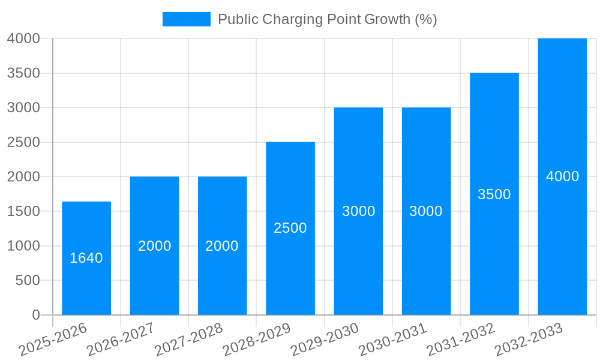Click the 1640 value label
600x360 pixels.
coord(86,258)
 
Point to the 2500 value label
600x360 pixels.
coord(290,228)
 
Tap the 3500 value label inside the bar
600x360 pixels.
coord(494,194)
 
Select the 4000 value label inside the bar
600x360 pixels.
coord(562,176)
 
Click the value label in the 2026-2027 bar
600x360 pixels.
coord(155,246)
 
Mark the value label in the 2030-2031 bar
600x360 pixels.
coord(426,211)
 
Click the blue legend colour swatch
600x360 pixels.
coord(187,19)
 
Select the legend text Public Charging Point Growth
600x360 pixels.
coord(327,19)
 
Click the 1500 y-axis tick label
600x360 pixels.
coord(23,211)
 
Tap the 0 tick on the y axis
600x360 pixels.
coord(35,315)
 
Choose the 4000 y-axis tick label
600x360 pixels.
coord(23,38)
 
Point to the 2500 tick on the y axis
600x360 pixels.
coord(23,142)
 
